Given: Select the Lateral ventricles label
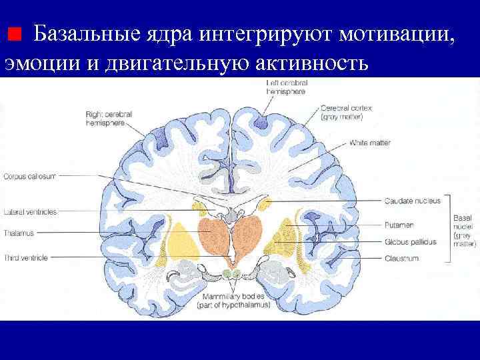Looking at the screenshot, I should point(30,211).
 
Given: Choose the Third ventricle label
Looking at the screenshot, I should point(26,257).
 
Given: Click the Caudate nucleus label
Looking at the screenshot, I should point(412,201).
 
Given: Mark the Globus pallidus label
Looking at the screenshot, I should point(410,242).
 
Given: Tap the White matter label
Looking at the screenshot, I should point(370,143).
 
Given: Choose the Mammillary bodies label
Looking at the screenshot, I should point(233,300).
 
